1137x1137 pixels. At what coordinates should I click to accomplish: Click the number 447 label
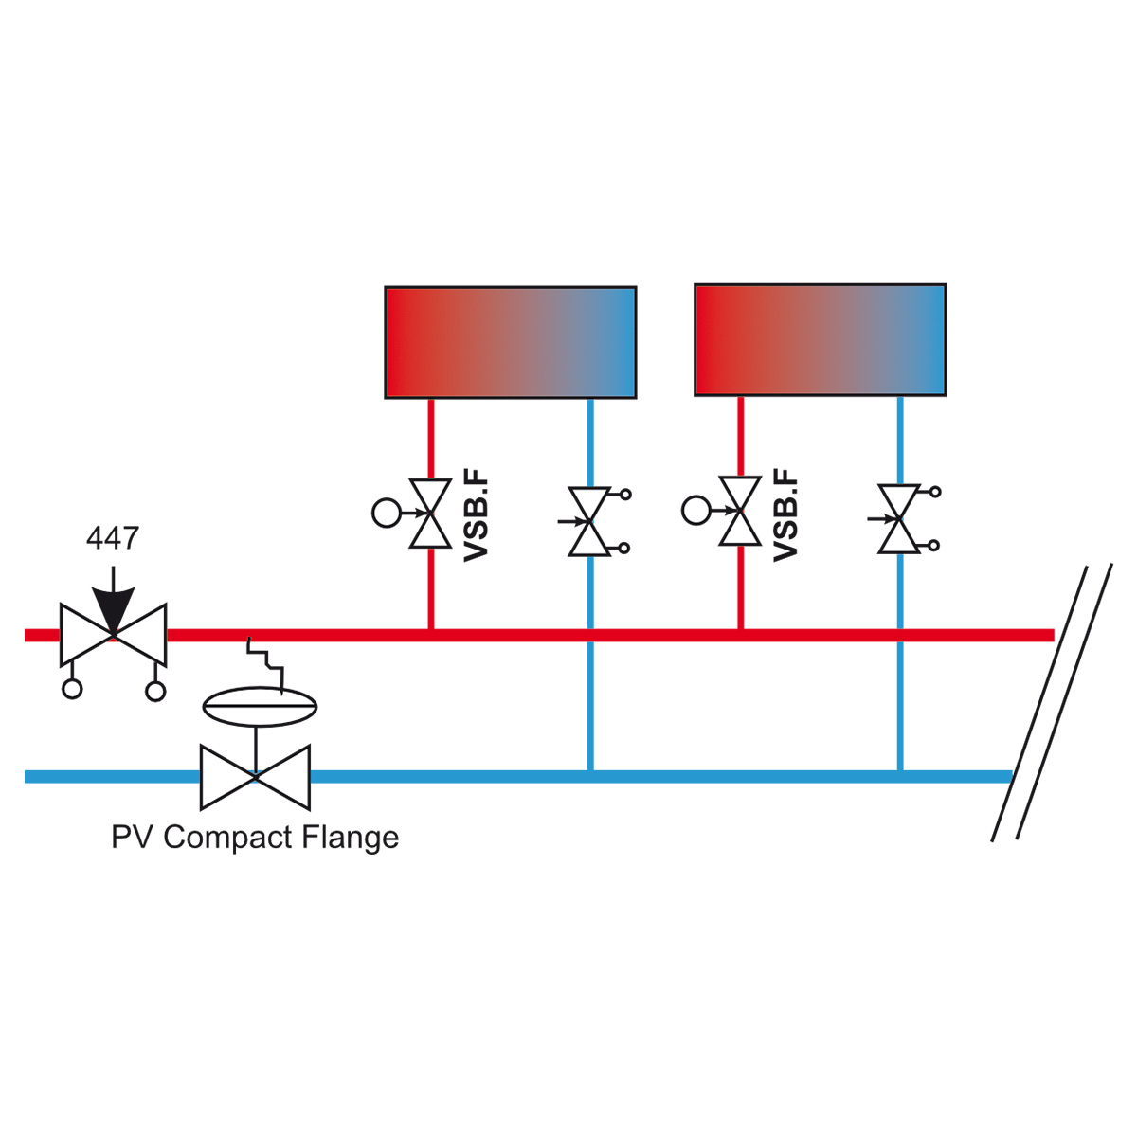tap(113, 537)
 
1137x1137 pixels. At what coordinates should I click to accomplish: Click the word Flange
tap(351, 838)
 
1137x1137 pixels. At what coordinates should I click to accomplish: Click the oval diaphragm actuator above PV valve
tap(260, 706)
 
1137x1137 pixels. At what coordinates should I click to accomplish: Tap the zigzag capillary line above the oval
tap(266, 665)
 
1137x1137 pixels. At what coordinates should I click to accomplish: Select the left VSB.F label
tap(477, 515)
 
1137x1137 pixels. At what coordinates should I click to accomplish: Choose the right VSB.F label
tap(785, 515)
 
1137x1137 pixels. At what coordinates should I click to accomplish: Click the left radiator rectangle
tap(511, 342)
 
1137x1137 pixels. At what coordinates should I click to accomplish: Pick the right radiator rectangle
tap(821, 340)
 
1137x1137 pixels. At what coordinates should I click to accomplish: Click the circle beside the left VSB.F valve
tap(387, 513)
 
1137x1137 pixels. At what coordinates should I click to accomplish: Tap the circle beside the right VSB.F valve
tap(696, 510)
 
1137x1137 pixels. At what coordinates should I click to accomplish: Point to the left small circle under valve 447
tap(72, 689)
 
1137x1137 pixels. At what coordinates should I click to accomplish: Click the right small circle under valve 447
tap(155, 691)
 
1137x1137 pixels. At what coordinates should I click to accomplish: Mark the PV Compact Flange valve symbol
tap(256, 777)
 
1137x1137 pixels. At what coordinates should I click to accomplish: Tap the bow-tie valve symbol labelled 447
tap(114, 635)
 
